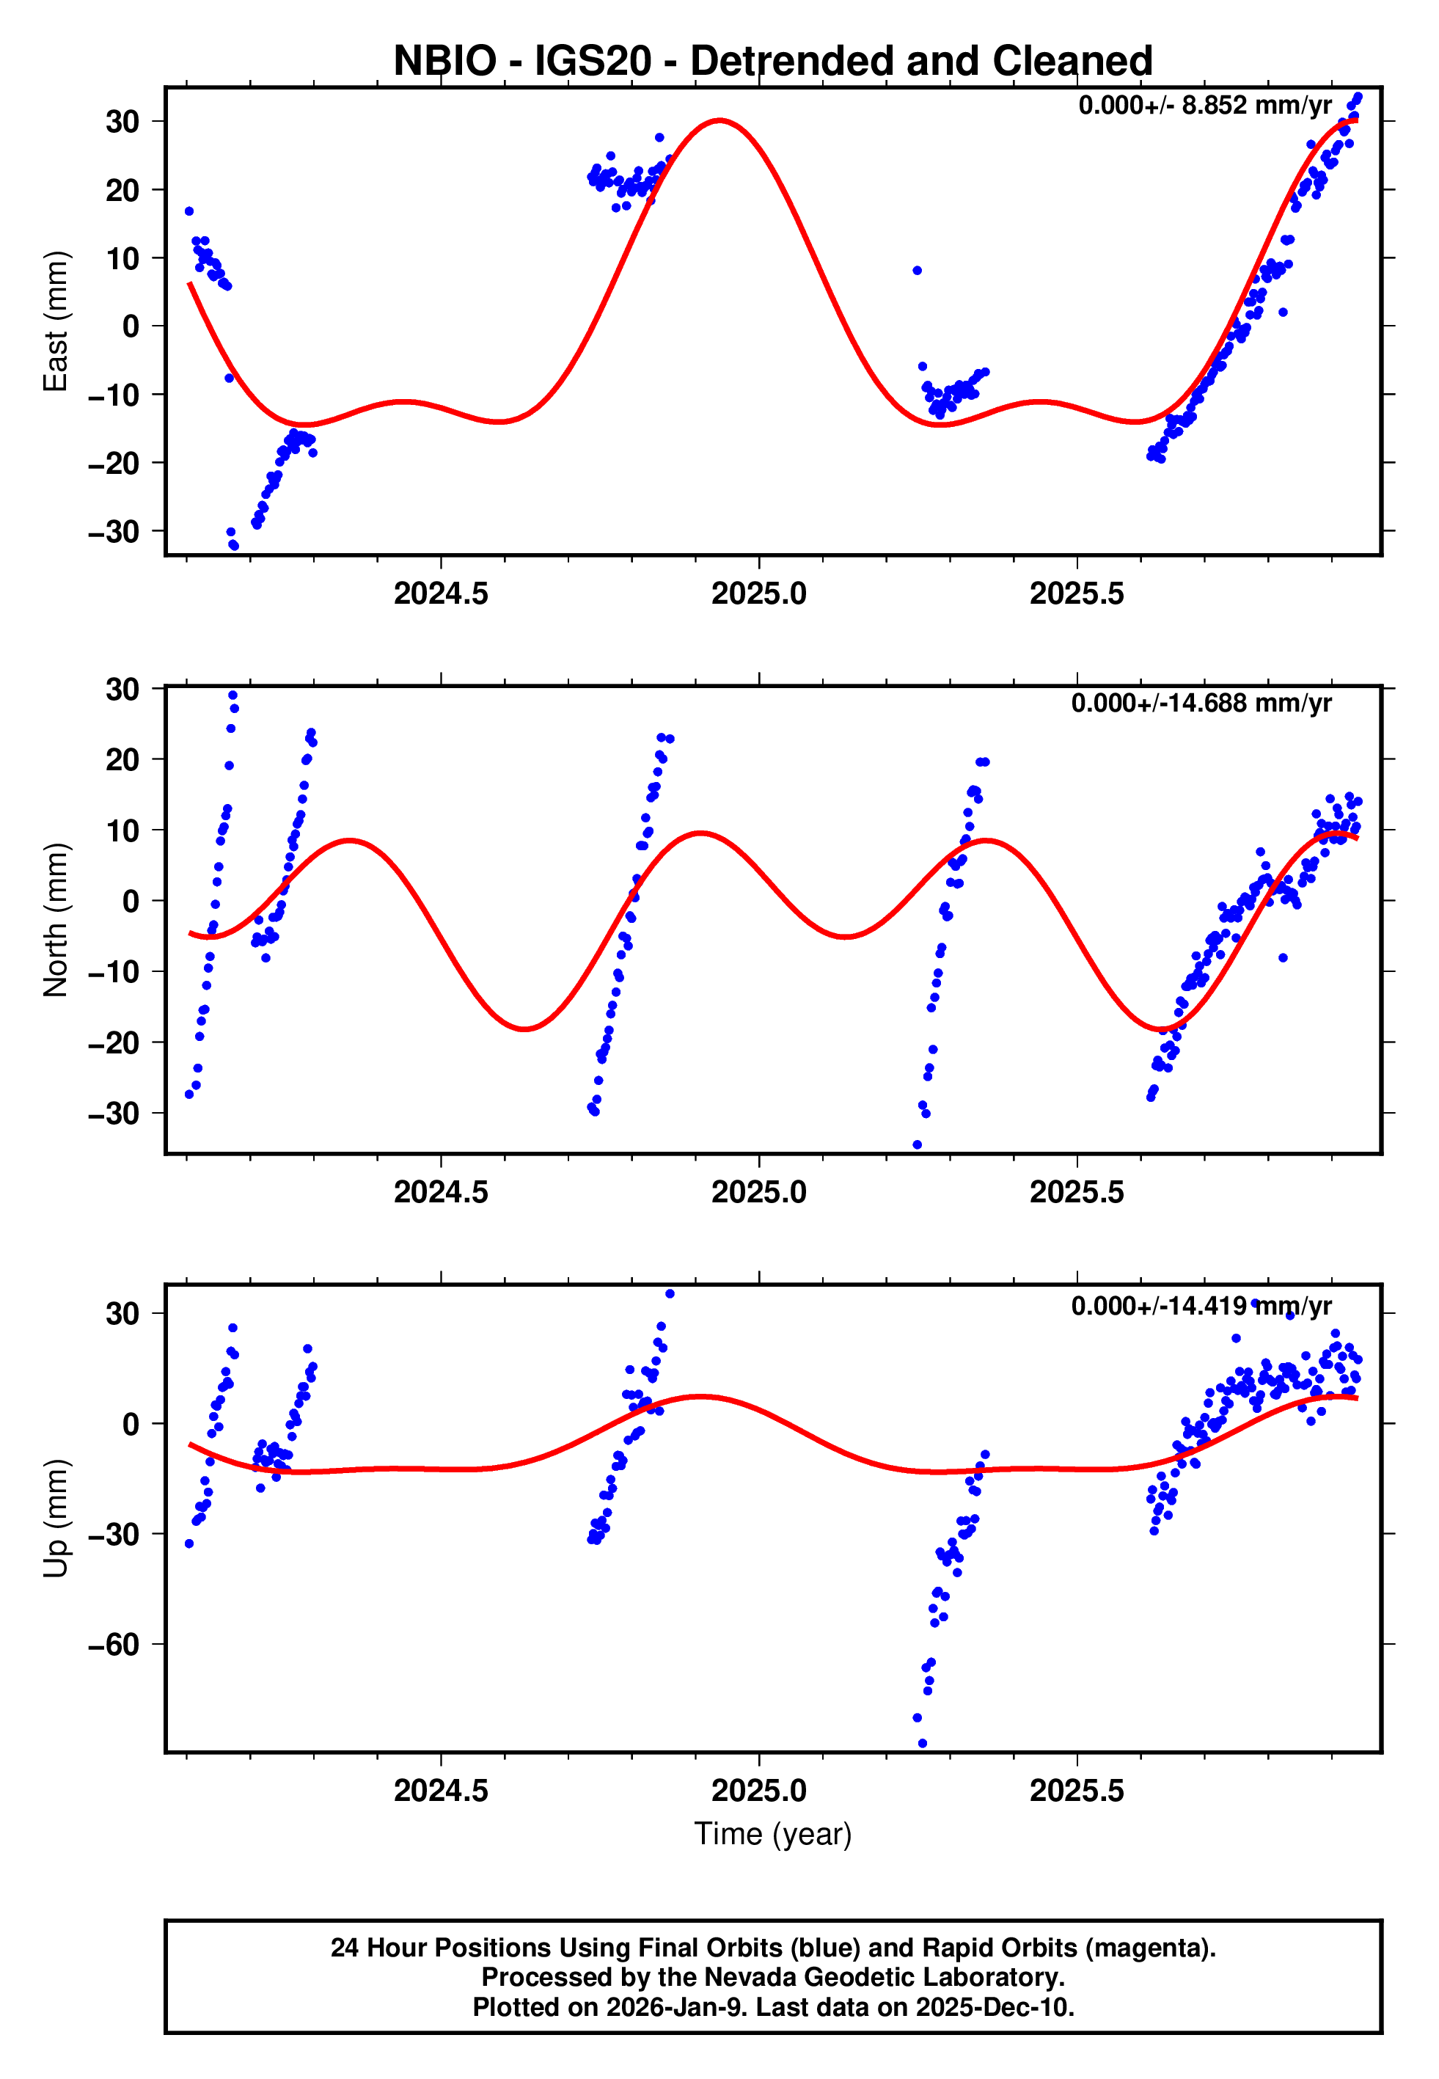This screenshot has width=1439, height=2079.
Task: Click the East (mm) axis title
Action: (x=56, y=321)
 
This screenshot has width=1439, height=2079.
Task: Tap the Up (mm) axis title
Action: (x=56, y=1517)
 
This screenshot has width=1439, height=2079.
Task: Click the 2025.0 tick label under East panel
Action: (x=758, y=593)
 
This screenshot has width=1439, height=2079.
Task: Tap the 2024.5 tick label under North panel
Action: (x=440, y=1192)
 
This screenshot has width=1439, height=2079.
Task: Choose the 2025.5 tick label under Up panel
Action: (x=1077, y=1790)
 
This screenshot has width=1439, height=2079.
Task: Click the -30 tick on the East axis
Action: (x=114, y=532)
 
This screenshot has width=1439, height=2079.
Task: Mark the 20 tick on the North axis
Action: (x=122, y=759)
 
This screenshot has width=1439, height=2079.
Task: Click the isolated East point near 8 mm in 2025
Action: (x=917, y=271)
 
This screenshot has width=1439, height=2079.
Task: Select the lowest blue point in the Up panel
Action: (x=921, y=1744)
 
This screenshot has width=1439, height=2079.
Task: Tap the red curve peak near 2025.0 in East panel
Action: (x=719, y=120)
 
